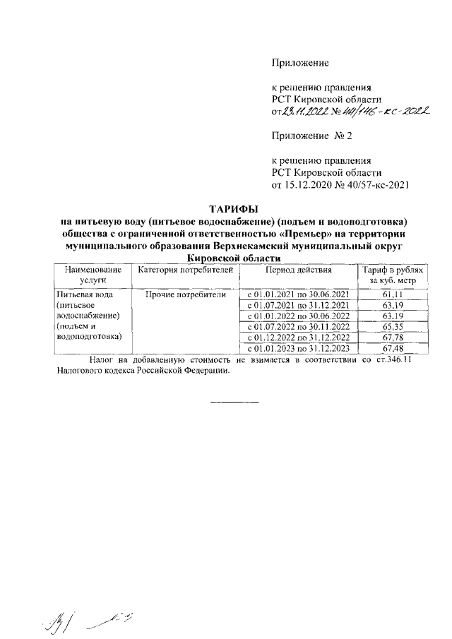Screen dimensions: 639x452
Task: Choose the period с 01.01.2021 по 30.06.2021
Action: (298, 294)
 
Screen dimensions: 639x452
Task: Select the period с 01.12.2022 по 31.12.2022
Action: (298, 338)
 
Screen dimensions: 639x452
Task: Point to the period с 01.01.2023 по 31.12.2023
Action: (298, 348)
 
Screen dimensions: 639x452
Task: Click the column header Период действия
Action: (298, 270)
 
